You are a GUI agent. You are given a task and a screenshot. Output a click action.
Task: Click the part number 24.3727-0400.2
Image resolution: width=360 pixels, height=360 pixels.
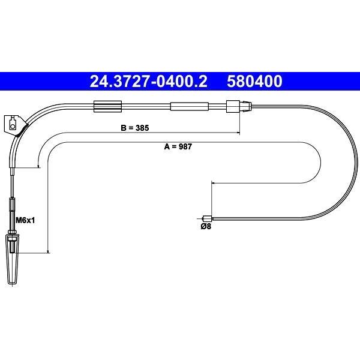(148, 81)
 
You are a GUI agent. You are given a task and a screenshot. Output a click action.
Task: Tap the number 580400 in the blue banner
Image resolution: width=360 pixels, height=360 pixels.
(254, 81)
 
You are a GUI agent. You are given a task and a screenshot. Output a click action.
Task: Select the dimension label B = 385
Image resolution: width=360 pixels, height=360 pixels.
(135, 128)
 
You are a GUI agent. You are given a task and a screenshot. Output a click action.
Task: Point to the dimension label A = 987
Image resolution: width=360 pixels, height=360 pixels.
(178, 146)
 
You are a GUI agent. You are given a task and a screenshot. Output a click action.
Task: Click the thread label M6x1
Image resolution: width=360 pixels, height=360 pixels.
(25, 220)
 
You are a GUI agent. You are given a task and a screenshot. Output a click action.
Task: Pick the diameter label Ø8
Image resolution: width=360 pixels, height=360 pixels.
(206, 226)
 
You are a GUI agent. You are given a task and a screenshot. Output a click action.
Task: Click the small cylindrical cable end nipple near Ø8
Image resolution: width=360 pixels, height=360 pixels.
(208, 218)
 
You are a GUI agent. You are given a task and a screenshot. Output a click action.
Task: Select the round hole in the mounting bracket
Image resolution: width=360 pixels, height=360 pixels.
(13, 126)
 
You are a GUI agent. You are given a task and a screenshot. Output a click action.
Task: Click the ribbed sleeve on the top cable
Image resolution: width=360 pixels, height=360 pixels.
(107, 107)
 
